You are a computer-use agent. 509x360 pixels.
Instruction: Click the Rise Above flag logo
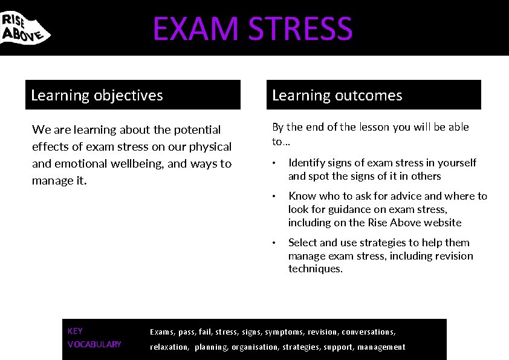tap(24, 27)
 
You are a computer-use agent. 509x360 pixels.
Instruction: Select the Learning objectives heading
tap(97, 95)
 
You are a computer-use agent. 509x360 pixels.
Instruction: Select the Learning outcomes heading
tap(337, 95)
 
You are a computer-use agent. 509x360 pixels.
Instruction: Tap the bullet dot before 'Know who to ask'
tap(274, 197)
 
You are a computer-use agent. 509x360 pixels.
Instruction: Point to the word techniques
tap(315, 269)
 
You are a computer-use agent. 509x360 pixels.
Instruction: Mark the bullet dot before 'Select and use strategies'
tap(274, 243)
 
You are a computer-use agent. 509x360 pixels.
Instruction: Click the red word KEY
tap(75, 331)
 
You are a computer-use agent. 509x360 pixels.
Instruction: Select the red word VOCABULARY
tap(94, 344)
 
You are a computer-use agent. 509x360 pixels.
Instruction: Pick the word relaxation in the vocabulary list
tap(169, 347)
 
